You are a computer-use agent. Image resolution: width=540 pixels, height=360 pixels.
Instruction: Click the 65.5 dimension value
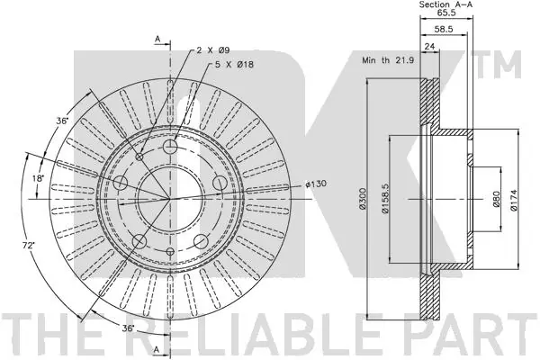coord(446,13)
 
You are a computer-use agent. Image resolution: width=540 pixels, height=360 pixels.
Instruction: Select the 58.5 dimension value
coord(444,30)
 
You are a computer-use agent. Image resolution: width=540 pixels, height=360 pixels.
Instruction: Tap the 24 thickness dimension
coord(429,46)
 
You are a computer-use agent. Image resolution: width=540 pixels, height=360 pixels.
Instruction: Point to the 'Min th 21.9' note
coord(388,60)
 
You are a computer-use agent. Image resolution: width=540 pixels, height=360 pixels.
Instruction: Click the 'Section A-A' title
coord(446,4)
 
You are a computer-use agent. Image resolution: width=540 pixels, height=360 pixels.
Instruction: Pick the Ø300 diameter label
coord(362,198)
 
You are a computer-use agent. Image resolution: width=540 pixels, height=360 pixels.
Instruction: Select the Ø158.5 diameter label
coord(385,198)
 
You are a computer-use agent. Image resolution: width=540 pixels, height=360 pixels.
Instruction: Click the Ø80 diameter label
coord(496,199)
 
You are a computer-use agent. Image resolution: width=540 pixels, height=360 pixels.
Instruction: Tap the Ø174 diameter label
coord(514,199)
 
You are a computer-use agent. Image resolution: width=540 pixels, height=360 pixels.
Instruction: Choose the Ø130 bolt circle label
coord(316,184)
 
